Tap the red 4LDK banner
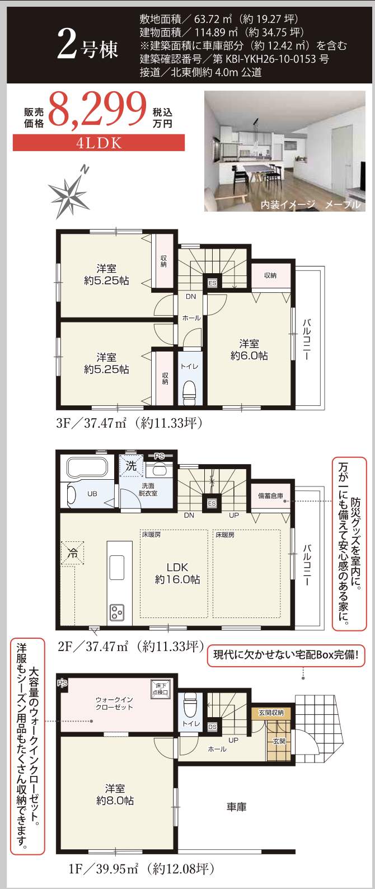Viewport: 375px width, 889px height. tap(99, 143)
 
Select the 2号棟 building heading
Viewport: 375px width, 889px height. tap(88, 48)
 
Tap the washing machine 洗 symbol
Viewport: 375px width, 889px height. tap(131, 466)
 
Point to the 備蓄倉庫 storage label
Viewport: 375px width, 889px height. tap(270, 496)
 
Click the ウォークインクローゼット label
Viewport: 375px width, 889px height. tap(114, 703)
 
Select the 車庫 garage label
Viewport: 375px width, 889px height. tap(236, 807)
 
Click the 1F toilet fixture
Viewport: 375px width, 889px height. tap(190, 702)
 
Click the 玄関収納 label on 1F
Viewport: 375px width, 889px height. tap(271, 713)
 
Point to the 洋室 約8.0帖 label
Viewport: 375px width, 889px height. tap(115, 794)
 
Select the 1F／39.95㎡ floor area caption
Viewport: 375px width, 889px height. tap(140, 869)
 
